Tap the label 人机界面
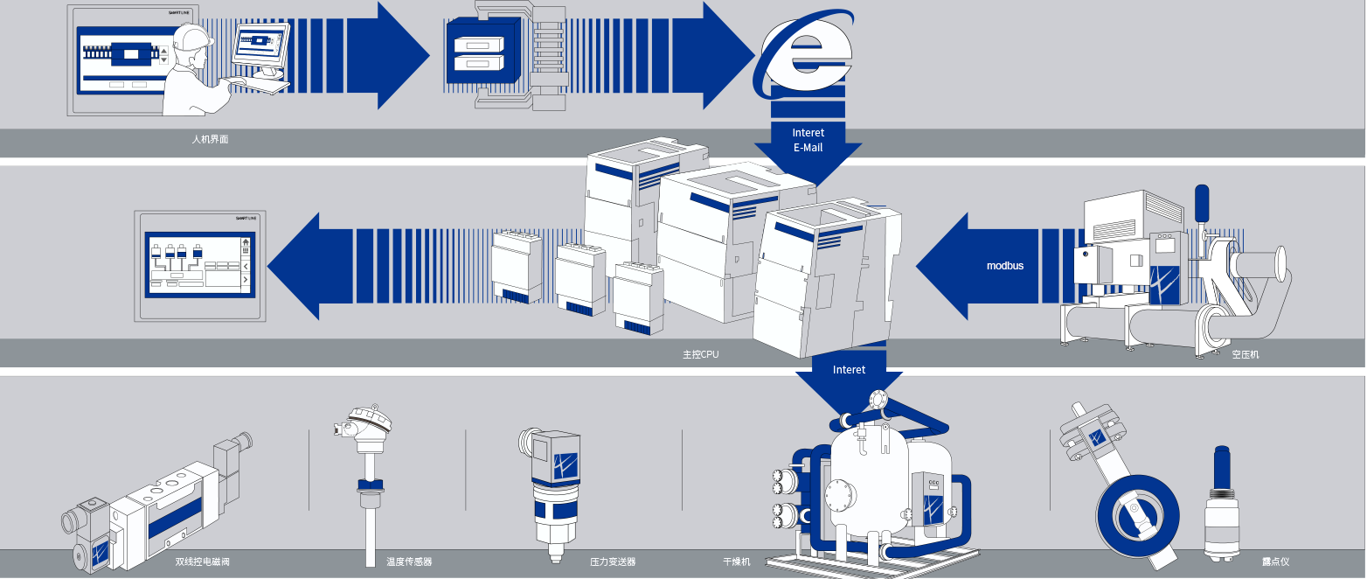point(210,139)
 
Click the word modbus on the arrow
point(1005,265)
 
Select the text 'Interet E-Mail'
point(808,140)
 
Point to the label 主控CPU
point(701,355)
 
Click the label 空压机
point(1246,355)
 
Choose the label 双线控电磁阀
point(202,562)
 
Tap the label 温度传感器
point(409,562)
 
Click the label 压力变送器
point(612,562)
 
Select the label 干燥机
point(736,562)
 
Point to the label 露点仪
point(1275,562)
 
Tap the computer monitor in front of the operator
point(260,47)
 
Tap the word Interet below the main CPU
point(849,370)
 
